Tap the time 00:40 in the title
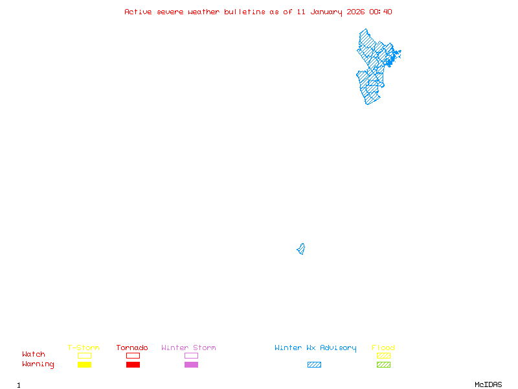381,12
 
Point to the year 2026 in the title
355,12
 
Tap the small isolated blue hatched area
301,249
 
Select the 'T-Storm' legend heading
84,348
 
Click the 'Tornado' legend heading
132,348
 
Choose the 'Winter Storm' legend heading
188,348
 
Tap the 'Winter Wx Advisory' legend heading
315,348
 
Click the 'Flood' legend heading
383,348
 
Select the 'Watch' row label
34,355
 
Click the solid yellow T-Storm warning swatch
84,365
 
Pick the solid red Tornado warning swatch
133,365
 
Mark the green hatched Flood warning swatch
383,365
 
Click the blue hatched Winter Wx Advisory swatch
314,365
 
